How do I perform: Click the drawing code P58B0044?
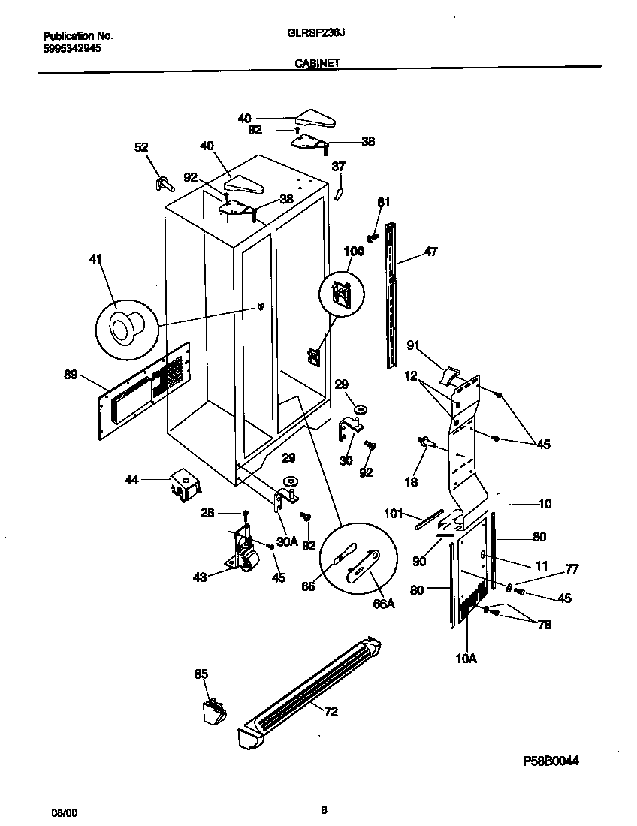551,760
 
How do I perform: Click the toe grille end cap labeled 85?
214,710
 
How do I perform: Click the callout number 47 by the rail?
430,252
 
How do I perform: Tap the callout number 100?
353,252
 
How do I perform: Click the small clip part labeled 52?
164,182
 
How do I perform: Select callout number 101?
394,514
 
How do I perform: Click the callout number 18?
411,482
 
